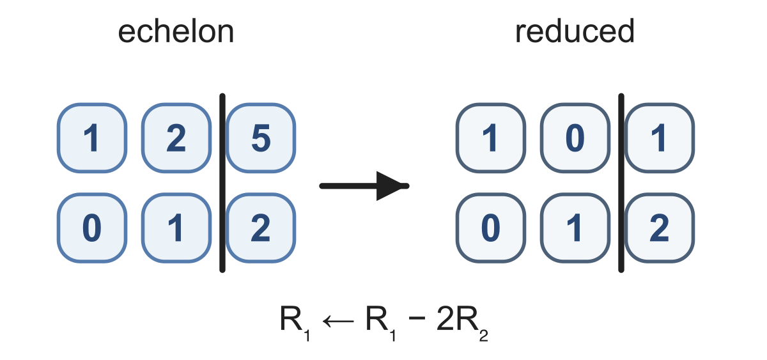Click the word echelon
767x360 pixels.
176,31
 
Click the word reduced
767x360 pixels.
575,31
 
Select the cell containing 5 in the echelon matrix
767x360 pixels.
261,138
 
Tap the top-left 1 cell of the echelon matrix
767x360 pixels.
92,138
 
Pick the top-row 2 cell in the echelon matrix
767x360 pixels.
176,138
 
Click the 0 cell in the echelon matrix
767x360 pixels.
92,228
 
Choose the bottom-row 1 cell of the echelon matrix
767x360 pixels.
176,228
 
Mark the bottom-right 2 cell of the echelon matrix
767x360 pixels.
261,228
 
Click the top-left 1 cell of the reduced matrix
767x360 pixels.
491,138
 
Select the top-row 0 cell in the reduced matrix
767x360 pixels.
575,138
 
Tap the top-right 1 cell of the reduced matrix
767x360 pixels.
660,138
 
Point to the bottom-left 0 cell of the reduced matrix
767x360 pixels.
491,228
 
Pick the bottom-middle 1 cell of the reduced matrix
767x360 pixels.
575,228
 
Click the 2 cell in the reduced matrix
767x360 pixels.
660,228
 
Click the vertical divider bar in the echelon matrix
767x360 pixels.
222,183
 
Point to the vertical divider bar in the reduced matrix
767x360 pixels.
621,183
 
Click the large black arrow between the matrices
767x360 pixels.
364,186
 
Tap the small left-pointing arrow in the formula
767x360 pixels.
338,321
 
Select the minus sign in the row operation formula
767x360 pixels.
417,318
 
